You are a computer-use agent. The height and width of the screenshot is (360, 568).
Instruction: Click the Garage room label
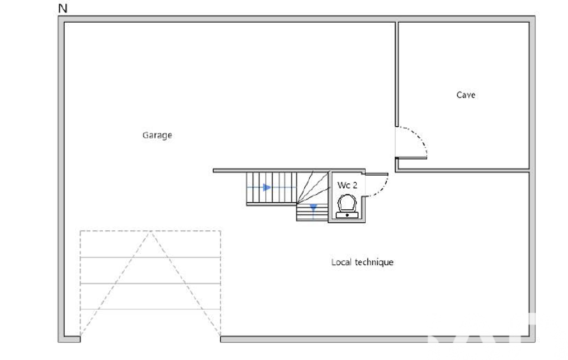[x=157, y=136]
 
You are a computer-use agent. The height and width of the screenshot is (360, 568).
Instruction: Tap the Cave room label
[x=466, y=95]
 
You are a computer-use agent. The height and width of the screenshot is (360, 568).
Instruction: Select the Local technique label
[x=362, y=262]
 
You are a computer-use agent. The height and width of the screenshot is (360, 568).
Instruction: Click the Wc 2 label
[x=347, y=185]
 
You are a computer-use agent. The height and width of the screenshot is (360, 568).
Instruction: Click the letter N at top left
[x=63, y=8]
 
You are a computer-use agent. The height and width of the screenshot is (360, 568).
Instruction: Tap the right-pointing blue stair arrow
[x=267, y=187]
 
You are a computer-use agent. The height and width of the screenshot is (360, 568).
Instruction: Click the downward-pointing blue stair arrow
[x=313, y=208]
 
